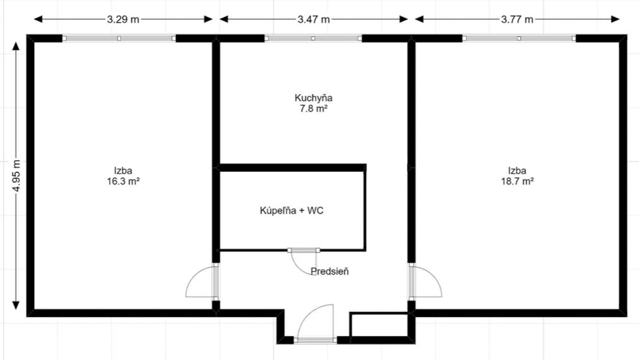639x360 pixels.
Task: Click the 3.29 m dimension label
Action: point(123,19)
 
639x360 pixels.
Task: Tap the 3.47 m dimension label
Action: point(313,19)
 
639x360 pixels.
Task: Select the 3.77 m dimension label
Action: point(518,19)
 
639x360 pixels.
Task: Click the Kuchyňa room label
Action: point(313,98)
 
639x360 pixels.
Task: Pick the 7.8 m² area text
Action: point(313,109)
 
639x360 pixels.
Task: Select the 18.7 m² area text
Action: point(517,181)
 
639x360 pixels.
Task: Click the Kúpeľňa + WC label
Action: point(291,210)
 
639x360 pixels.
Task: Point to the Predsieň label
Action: point(330,272)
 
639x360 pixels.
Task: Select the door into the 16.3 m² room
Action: point(201,283)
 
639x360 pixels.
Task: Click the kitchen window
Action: point(313,39)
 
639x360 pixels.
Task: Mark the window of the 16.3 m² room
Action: point(119,39)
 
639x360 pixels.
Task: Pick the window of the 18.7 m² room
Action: point(518,39)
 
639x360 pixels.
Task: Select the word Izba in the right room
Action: point(517,171)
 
